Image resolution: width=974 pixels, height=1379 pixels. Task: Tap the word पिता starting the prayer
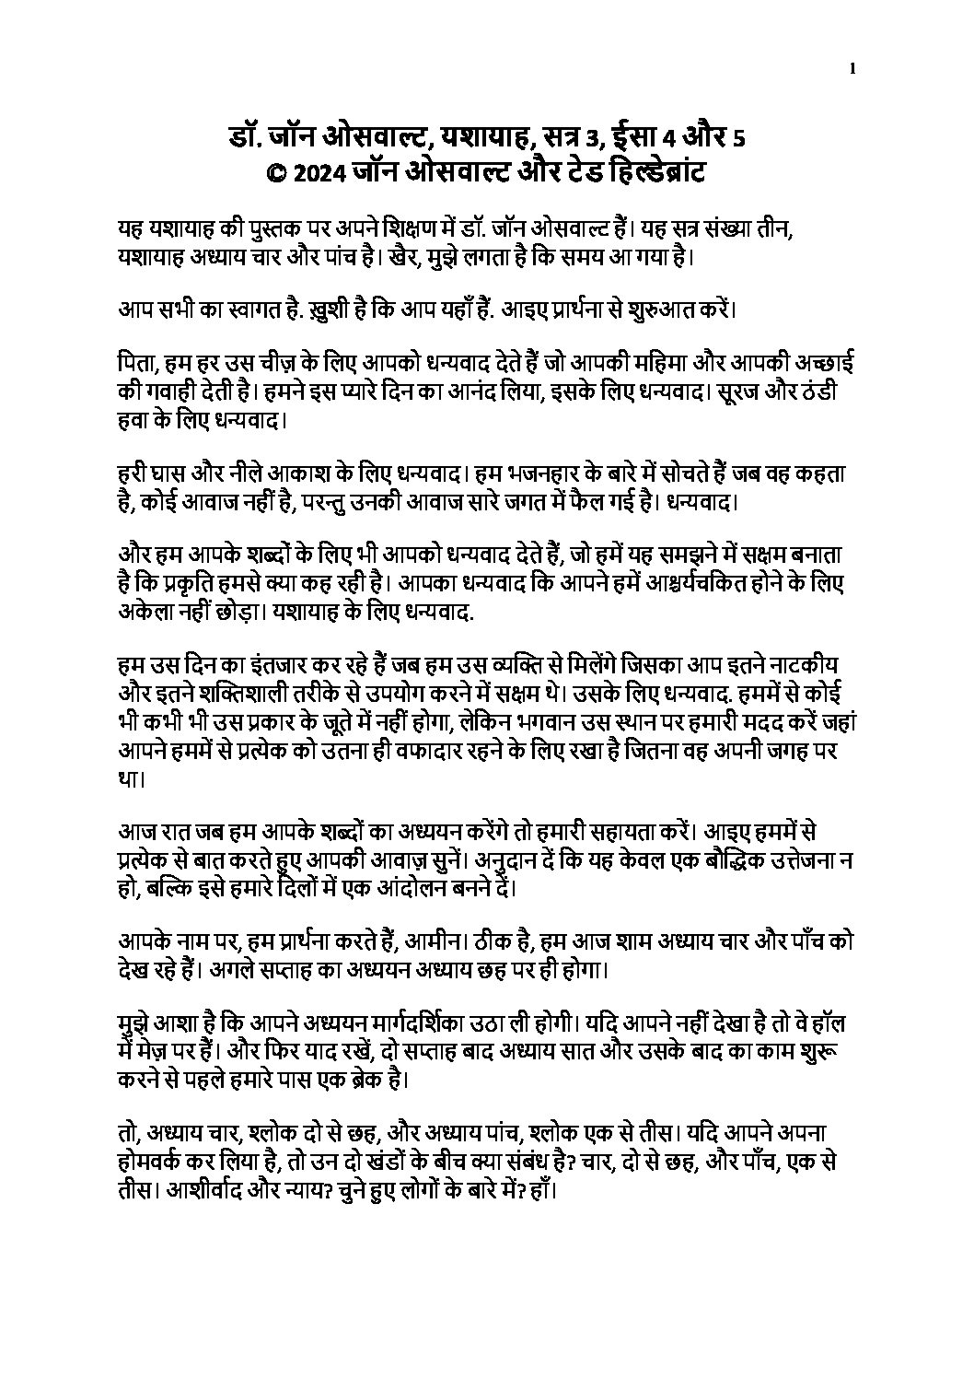click(135, 366)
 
